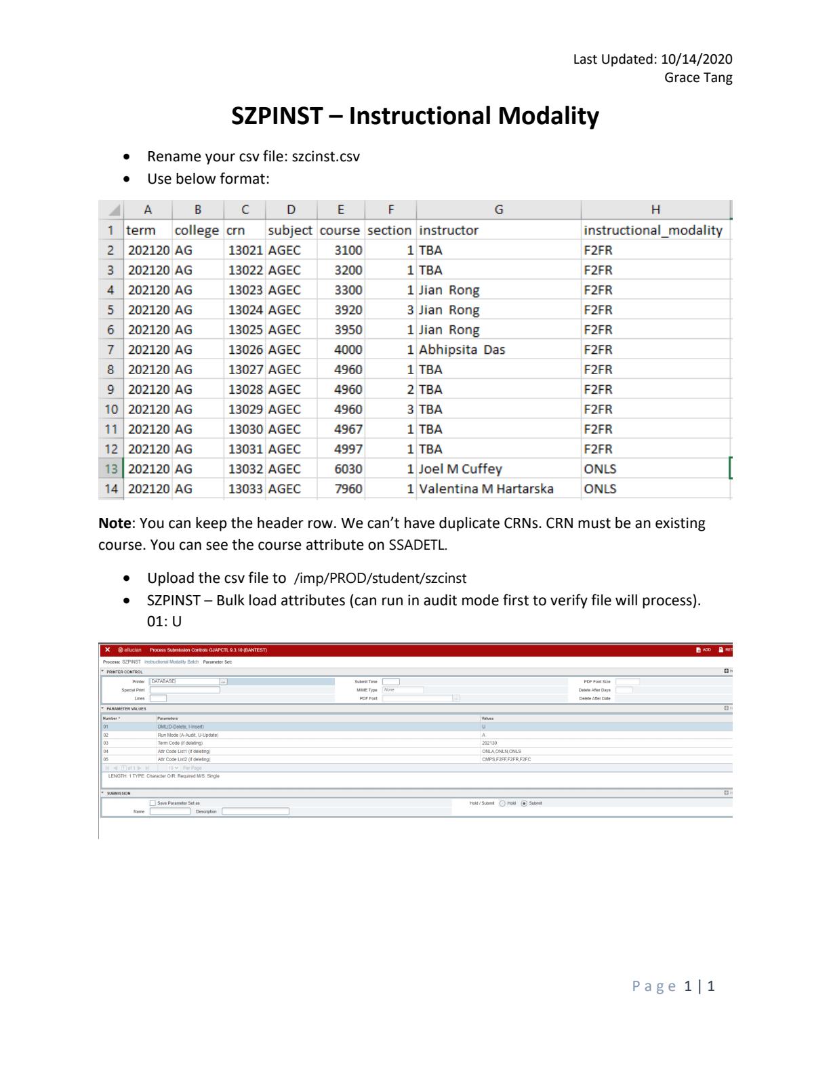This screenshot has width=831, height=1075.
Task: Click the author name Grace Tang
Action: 698,77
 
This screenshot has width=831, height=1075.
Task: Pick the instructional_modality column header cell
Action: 653,230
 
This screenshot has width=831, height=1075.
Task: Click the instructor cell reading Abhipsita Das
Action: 462,350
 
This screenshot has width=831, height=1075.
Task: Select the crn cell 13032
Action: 245,469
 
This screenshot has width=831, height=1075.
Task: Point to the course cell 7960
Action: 348,489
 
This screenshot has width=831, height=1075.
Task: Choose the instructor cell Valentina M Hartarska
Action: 486,489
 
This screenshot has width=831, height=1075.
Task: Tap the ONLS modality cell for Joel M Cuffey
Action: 600,469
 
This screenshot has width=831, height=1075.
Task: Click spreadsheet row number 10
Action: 111,409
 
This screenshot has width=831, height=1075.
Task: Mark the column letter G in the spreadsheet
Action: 499,210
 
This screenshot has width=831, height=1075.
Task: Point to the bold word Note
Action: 114,523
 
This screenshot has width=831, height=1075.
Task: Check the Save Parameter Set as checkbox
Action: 153,803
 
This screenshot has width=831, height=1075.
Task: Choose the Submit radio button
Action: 524,803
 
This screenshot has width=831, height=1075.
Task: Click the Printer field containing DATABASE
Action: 184,681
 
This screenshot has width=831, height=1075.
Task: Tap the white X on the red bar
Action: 108,650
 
